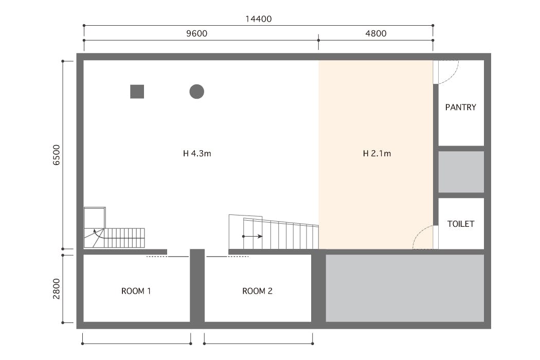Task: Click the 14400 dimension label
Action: [258, 19]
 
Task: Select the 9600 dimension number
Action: [196, 33]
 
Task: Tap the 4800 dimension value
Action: [376, 33]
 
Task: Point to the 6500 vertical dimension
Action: [57, 155]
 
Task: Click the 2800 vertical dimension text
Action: [57, 289]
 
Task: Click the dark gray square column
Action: [137, 92]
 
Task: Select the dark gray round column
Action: [196, 92]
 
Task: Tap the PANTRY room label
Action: [460, 107]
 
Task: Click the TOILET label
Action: [461, 224]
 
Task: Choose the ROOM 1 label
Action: [136, 291]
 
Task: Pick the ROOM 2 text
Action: [257, 291]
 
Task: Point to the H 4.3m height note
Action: [197, 154]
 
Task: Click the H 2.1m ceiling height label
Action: [377, 154]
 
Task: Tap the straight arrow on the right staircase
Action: [253, 237]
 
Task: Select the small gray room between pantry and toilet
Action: [461, 172]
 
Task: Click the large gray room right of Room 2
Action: [405, 288]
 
